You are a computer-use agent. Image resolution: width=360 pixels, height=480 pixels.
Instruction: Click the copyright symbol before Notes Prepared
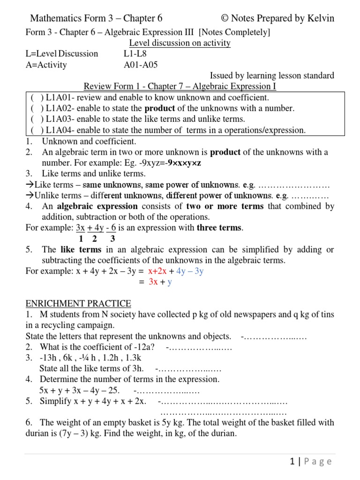tap(225, 19)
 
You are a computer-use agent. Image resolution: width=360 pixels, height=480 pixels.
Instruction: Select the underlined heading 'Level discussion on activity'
tap(180, 43)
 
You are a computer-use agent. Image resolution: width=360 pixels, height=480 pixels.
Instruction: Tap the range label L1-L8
tap(135, 53)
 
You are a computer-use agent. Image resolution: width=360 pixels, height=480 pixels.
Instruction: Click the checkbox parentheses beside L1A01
tap(37, 98)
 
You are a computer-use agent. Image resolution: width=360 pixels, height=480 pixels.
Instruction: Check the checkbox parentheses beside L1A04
tap(37, 130)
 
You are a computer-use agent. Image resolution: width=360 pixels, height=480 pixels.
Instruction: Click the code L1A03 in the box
tap(61, 120)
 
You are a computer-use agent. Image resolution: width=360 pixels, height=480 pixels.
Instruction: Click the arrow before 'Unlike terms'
tap(29, 195)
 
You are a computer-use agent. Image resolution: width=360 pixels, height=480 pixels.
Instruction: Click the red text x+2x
tap(157, 271)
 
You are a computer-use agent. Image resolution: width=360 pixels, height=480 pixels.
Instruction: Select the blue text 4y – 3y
tap(190, 271)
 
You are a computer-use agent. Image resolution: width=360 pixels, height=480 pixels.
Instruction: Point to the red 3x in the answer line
tap(153, 282)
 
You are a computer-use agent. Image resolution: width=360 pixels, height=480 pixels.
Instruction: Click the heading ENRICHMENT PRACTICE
tap(78, 304)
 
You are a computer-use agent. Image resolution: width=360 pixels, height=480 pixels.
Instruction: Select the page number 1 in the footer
tap(292, 462)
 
